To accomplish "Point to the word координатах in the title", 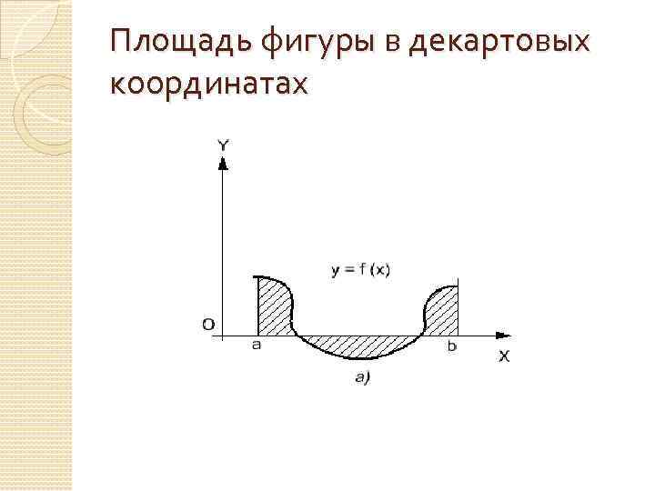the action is coord(208,84).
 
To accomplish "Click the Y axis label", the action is coord(223,145).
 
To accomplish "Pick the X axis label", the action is coord(504,356).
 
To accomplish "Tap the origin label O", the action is coord(208,324).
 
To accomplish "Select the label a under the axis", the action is coord(257,346).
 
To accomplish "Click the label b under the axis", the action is coord(452,346).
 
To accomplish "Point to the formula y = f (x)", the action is coord(360,268).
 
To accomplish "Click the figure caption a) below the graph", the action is coord(361,378).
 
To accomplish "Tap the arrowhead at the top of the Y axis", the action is coord(223,163).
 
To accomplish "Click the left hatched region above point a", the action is coord(275,307).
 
